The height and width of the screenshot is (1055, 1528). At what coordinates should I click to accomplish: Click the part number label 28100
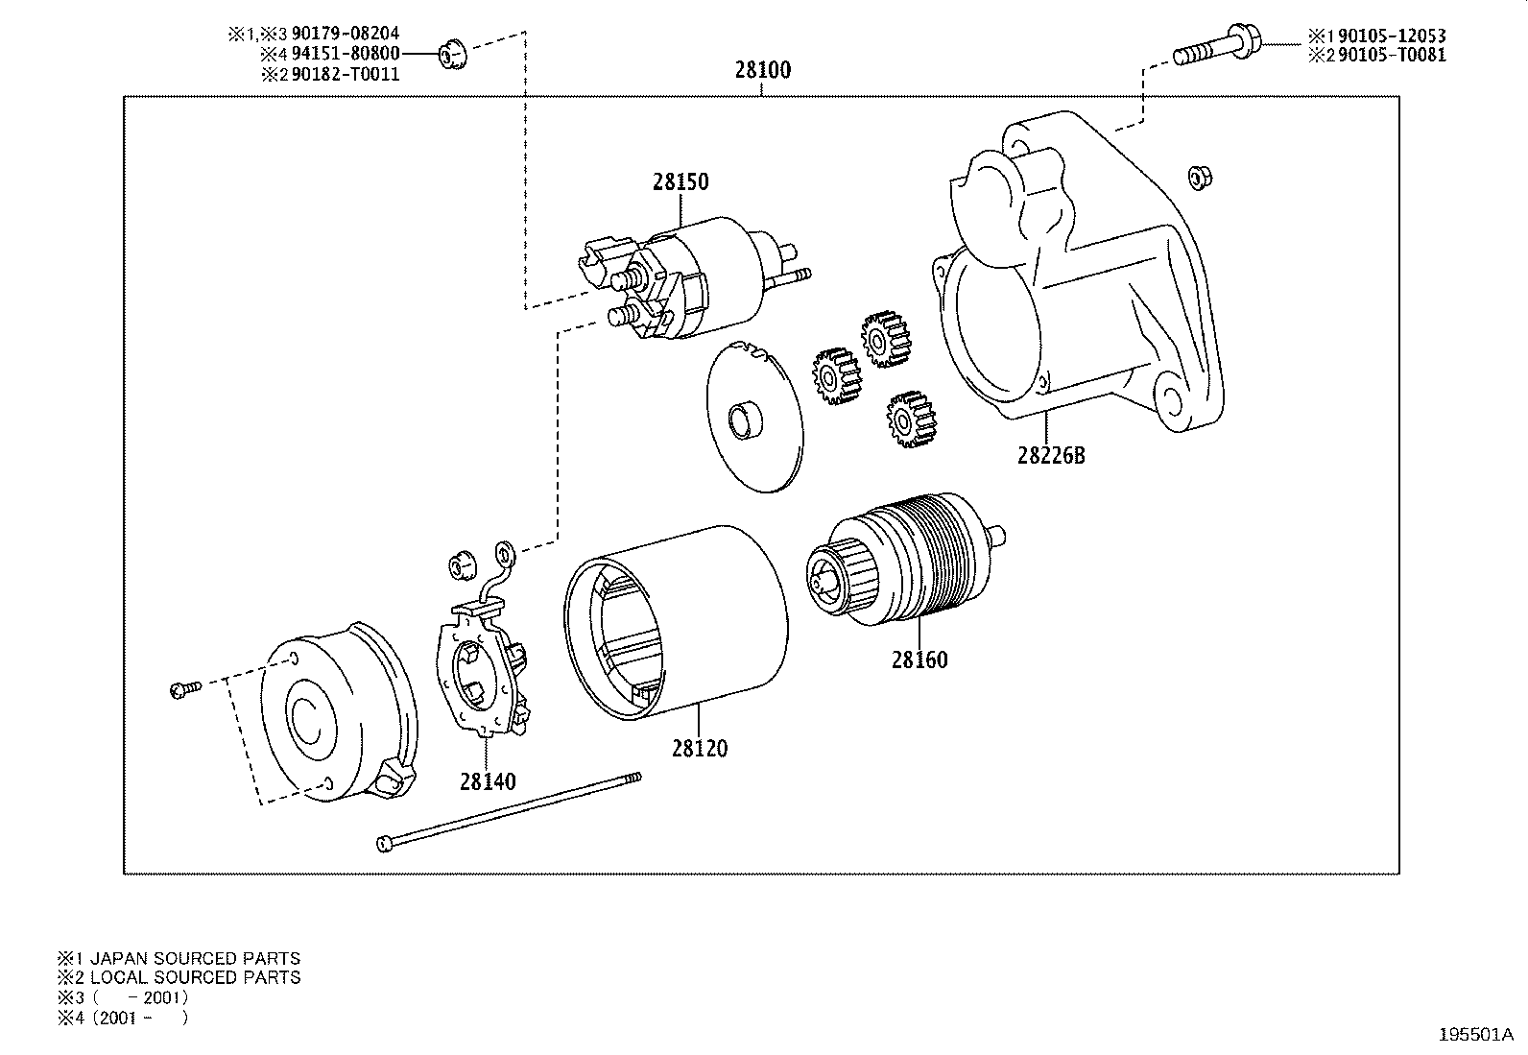763,70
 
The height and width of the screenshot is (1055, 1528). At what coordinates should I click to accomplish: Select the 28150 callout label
680,181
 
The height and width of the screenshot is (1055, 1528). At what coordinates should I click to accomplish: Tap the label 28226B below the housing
1051,455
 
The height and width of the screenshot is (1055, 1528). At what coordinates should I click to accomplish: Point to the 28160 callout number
919,660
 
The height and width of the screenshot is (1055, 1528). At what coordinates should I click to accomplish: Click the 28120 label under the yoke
700,749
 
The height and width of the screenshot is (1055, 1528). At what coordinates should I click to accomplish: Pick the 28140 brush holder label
487,782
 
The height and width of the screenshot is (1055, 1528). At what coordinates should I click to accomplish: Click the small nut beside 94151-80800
450,56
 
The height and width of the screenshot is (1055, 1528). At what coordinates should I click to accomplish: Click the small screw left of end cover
182,688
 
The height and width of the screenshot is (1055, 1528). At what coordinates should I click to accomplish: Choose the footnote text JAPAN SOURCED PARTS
188,958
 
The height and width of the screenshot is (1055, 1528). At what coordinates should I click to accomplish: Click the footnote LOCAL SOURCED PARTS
188,977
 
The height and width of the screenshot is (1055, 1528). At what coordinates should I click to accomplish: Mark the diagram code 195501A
1474,1035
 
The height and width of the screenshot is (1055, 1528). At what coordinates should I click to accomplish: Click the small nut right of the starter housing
1198,175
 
